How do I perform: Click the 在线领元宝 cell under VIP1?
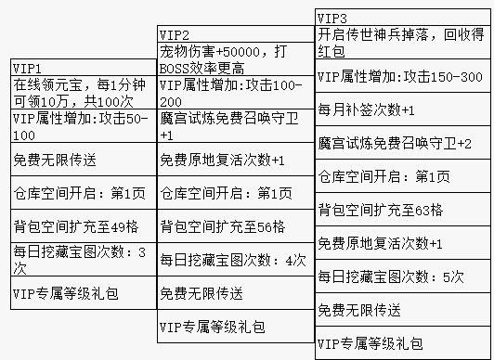[80, 93]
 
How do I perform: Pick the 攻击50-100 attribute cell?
[80, 126]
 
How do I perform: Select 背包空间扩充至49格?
[80, 227]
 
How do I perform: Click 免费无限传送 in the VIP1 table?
[80, 159]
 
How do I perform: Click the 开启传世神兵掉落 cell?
[402, 41]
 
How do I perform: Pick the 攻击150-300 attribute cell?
[402, 76]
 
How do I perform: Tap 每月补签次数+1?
[402, 110]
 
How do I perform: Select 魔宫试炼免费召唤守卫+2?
[402, 144]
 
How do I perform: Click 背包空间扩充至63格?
[402, 210]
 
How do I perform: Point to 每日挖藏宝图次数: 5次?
[402, 276]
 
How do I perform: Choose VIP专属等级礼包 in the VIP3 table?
[402, 344]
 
